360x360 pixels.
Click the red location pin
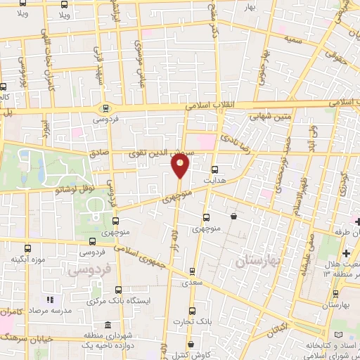[x=181, y=165]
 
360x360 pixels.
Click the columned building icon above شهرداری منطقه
[x=107, y=326]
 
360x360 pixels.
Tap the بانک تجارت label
[x=195, y=321]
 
